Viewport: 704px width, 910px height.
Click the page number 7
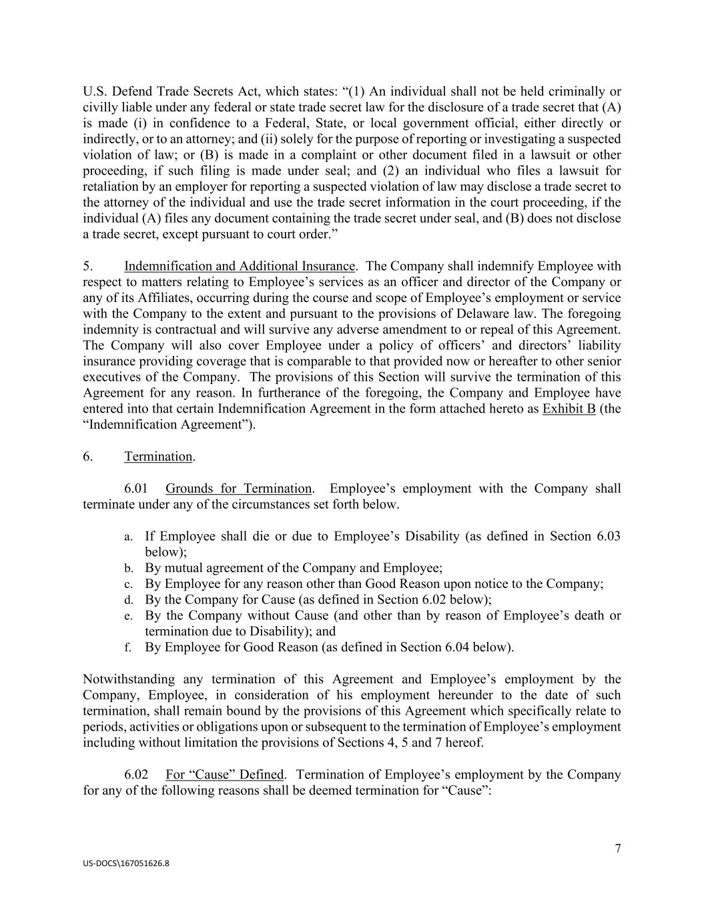pos(617,849)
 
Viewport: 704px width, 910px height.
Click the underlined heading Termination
pos(158,457)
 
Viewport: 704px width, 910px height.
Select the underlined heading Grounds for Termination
pos(238,489)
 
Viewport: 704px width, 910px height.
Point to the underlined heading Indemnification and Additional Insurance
pos(239,267)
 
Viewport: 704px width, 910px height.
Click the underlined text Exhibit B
pos(569,409)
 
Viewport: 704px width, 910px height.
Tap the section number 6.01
pos(136,489)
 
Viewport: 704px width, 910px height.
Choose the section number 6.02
pos(136,775)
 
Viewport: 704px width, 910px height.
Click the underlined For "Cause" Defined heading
pos(225,775)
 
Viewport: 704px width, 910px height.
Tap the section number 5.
pos(87,267)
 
